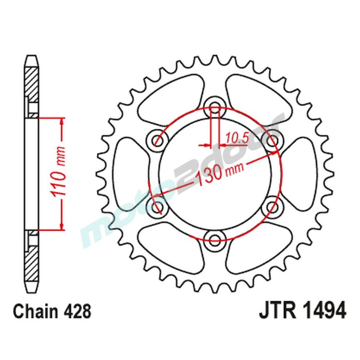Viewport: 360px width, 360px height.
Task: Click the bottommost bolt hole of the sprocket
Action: [215, 238]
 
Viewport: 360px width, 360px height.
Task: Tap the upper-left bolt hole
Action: [157, 138]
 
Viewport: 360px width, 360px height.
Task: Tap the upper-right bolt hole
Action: [273, 138]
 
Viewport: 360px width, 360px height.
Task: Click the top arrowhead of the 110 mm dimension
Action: [63, 122]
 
